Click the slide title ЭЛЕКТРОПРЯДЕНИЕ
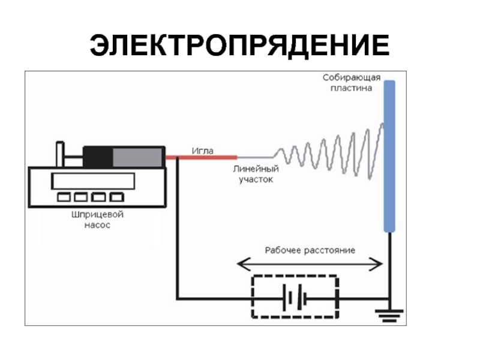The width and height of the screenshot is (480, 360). [x=239, y=45]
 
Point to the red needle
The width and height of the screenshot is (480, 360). [x=201, y=158]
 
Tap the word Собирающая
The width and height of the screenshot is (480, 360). [x=350, y=78]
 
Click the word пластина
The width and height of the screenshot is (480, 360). [x=351, y=88]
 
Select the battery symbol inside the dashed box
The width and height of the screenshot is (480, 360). [x=295, y=297]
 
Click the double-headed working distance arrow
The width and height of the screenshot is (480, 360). [x=310, y=263]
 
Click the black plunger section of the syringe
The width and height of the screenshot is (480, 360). [x=98, y=157]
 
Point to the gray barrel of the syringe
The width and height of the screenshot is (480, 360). [x=138, y=157]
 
